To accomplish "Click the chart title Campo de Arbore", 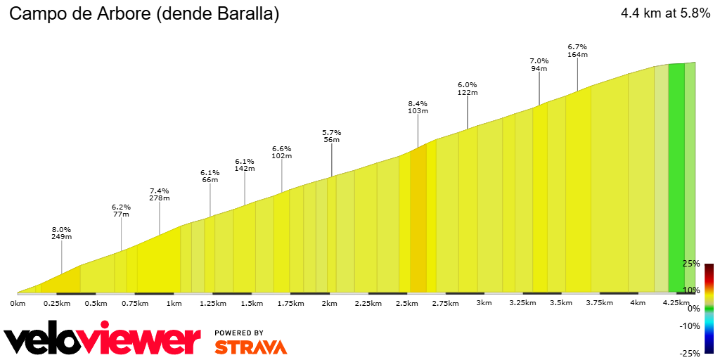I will tap(143, 14).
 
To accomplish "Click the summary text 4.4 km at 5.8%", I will tap(665, 13).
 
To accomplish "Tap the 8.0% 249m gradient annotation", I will tap(61, 233).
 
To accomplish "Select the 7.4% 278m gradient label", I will tap(160, 194).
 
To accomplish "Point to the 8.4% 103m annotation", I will tap(418, 107).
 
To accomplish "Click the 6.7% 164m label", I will tap(577, 51).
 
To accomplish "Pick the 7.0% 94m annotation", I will tap(539, 65).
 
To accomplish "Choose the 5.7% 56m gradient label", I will tap(331, 136).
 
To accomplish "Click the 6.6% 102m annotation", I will tap(281, 152).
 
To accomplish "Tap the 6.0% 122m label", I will tap(468, 89).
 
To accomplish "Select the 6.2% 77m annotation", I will tap(121, 211).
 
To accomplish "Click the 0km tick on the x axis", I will tap(18, 303).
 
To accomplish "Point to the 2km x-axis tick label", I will tap(329, 303).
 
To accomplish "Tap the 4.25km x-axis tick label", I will tap(676, 303).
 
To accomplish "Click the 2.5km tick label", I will tap(406, 303).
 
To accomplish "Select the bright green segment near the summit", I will tap(676, 176).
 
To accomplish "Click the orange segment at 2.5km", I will tap(418, 225).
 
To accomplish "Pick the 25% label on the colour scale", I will tap(692, 264).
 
